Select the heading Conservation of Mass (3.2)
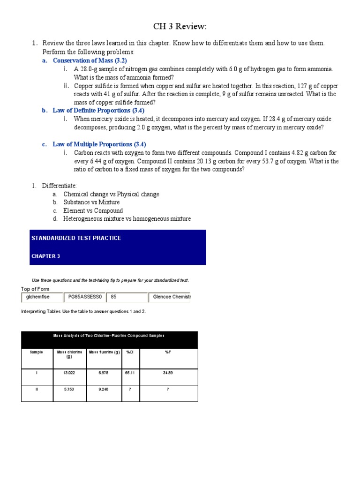[90, 60]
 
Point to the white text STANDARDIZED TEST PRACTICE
[76, 238]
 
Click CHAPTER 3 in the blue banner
[45, 256]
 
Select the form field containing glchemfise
[42, 297]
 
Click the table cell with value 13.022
[69, 373]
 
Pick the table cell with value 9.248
[104, 389]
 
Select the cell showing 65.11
[130, 373]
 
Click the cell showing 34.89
[168, 373]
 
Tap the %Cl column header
[130, 352]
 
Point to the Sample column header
[37, 352]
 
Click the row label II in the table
[37, 389]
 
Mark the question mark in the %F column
[168, 389]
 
